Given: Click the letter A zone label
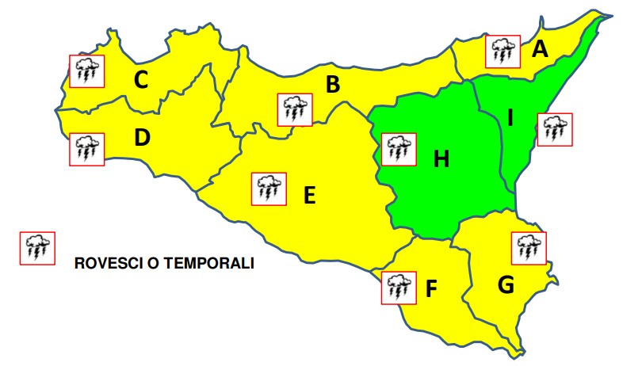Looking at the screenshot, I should (540, 50).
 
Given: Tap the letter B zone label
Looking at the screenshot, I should (333, 84).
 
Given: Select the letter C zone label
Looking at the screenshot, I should (141, 80).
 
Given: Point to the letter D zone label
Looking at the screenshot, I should (142, 138).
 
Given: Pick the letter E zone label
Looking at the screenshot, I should (309, 194).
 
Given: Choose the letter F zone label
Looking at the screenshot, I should (431, 290).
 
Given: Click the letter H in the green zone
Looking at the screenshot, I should (441, 160).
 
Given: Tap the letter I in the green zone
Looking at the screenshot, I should (511, 119).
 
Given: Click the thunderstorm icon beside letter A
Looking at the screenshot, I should (502, 51).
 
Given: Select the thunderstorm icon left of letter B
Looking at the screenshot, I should (294, 109).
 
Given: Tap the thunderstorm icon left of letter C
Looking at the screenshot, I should (85, 71).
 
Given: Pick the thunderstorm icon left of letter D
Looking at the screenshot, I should (85, 148).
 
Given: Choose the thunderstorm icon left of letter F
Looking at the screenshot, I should (397, 287).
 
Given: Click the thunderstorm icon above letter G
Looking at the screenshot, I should (528, 248).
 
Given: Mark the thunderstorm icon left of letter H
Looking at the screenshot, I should (398, 148).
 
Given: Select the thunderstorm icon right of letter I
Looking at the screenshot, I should (553, 129).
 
